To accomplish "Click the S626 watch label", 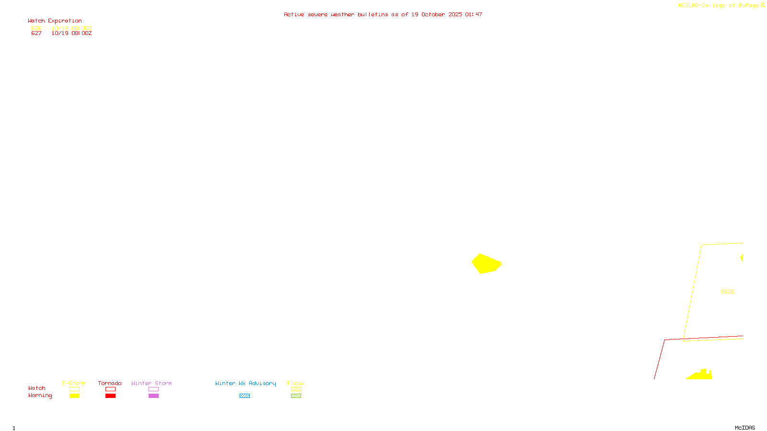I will click(x=727, y=292).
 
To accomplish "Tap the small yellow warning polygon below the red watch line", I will click(x=700, y=374).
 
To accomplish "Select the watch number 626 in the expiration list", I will click(x=36, y=28).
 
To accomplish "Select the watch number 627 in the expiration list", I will click(x=36, y=34).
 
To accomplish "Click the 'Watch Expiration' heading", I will click(x=55, y=21).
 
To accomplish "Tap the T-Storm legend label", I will click(x=74, y=383).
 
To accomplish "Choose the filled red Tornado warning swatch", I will click(x=110, y=396).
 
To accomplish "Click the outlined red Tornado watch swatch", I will click(x=110, y=389).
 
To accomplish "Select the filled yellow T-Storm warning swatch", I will click(x=74, y=396).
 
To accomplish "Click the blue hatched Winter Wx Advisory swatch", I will click(x=244, y=396).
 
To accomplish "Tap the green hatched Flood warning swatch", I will click(x=296, y=396).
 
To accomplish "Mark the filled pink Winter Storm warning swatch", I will click(x=153, y=396).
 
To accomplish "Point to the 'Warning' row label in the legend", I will click(x=40, y=396).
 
